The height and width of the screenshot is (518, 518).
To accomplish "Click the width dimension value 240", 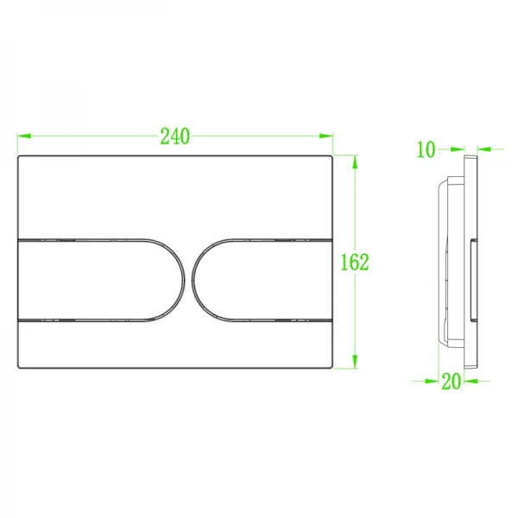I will [174, 136].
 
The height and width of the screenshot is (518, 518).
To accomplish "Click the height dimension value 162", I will [354, 262].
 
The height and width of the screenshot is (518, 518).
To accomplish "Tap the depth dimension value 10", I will [426, 149].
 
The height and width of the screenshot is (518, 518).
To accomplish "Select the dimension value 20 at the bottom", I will [450, 381].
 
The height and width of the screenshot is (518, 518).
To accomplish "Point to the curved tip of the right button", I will [196, 278].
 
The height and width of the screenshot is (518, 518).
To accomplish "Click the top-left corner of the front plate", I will [19, 158].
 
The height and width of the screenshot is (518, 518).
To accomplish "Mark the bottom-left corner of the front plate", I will [19, 367].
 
